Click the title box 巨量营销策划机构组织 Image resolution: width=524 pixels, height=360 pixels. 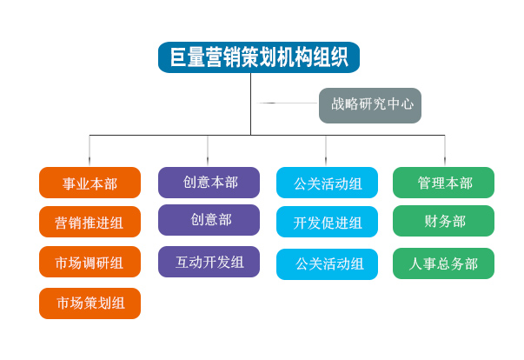coord(259,57)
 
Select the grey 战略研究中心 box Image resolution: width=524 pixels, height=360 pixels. coord(370,105)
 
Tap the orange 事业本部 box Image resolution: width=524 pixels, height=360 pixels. coord(90,183)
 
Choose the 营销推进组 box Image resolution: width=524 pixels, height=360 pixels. coord(90,222)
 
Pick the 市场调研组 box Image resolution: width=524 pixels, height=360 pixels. coord(90,262)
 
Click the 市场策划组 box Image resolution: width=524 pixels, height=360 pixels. coord(90,303)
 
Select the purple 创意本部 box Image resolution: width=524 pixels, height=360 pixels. coord(209,183)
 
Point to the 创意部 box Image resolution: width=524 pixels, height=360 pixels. coord(209,220)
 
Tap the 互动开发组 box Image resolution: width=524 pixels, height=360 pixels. coord(209,262)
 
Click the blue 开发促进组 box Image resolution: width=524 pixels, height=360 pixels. coord(327,222)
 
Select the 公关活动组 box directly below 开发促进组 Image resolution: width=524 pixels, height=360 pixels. coord(327,264)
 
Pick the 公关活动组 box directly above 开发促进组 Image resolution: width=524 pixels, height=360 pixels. coord(327,183)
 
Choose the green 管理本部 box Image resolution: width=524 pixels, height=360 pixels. coord(443,183)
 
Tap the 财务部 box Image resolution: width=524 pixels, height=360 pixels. coord(443,221)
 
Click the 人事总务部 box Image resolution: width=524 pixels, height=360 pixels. coord(443,263)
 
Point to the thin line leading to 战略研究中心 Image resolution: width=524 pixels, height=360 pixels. coord(288,103)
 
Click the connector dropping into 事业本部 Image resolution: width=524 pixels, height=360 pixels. coord(90,150)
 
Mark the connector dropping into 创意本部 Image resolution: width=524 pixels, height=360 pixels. coord(208,150)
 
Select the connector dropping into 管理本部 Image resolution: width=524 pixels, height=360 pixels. coord(445,150)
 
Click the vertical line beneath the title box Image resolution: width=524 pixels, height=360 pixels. coord(250,104)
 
